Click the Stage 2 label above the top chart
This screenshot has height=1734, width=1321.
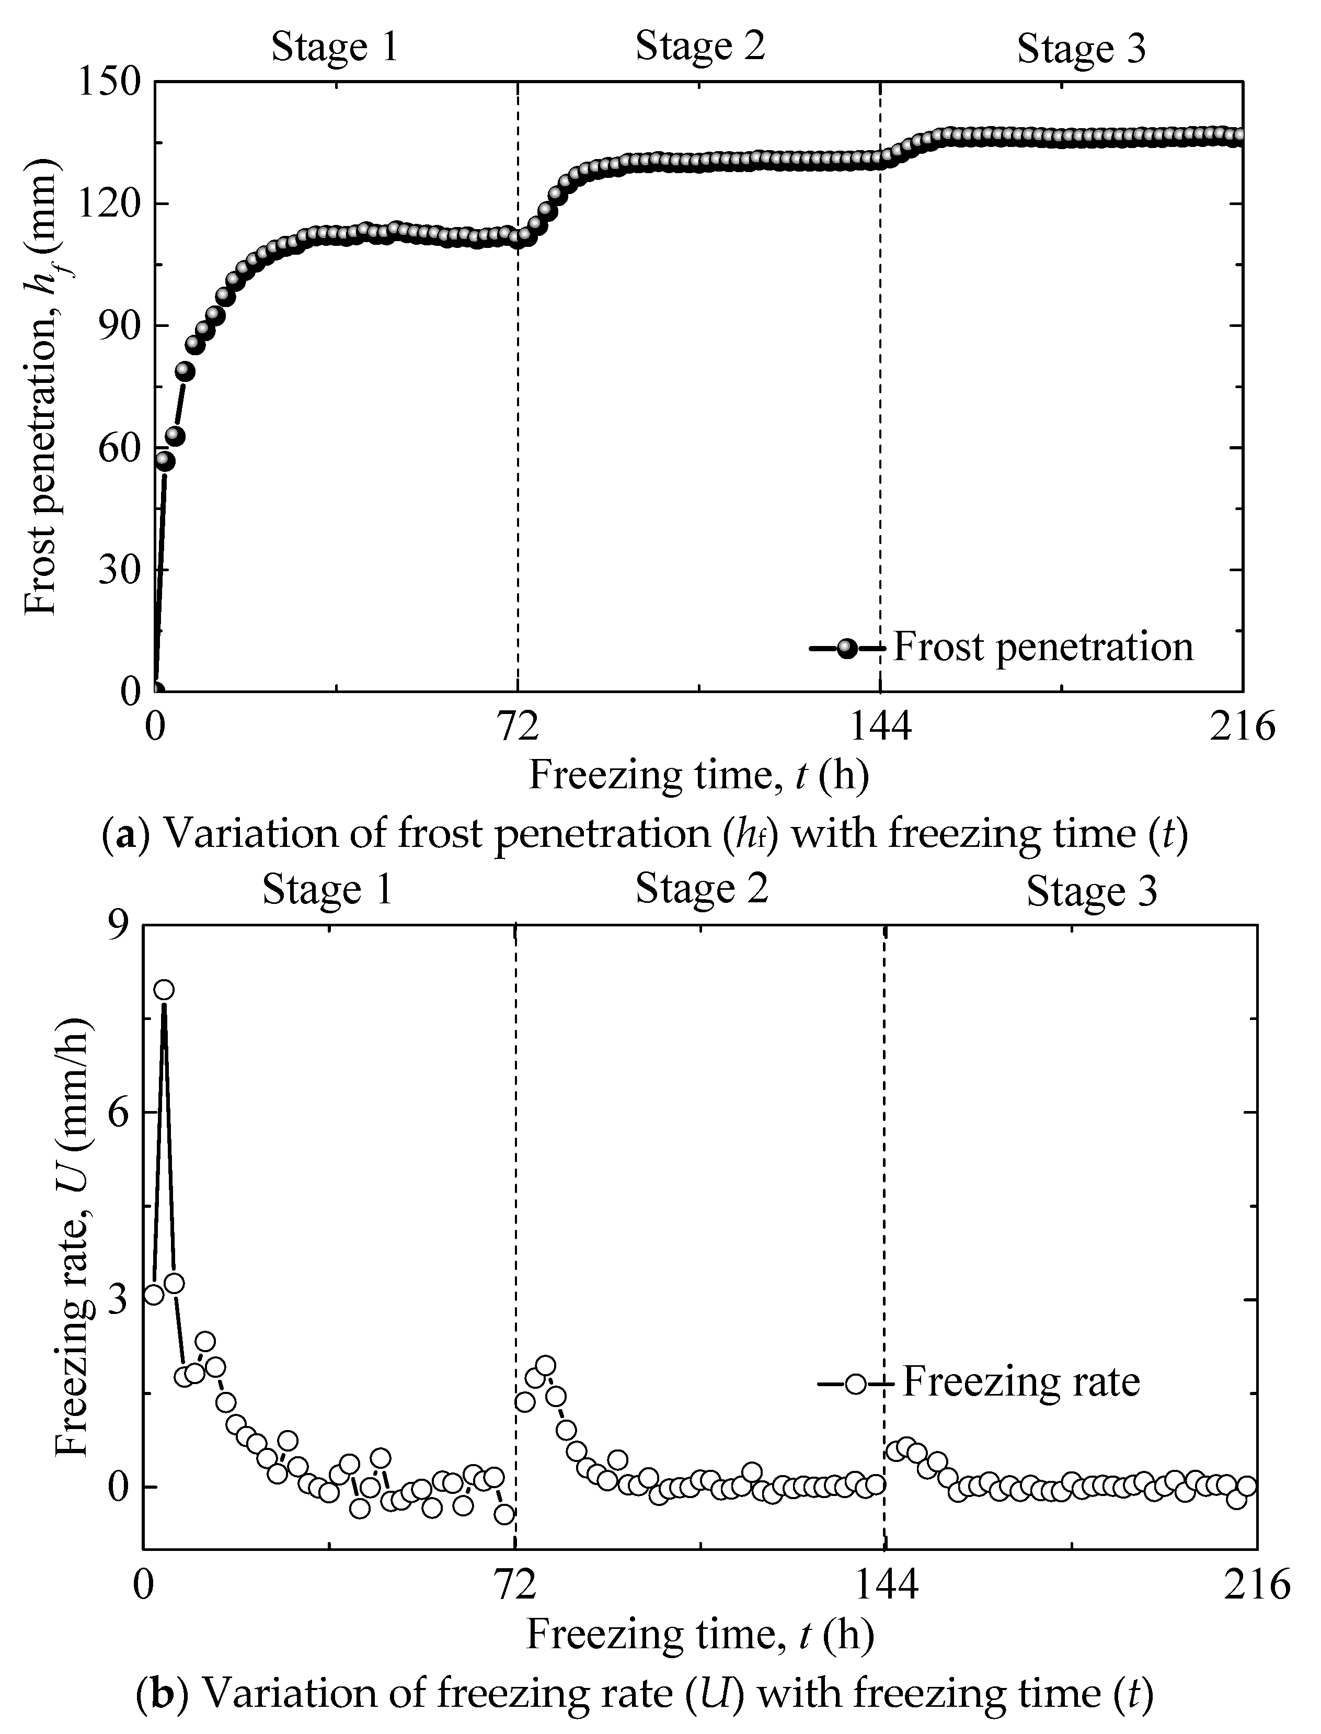[700, 46]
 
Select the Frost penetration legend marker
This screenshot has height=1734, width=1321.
[847, 648]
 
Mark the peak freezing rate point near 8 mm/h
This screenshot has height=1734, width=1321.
[164, 990]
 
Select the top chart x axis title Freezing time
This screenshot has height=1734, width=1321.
[698, 775]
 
